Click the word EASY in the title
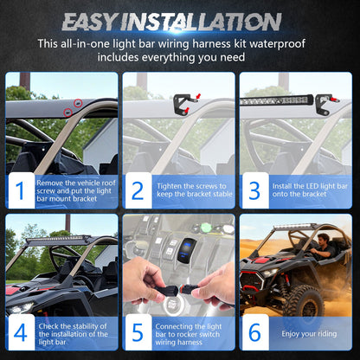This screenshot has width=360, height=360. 89,22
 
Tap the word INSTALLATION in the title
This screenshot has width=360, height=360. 201,22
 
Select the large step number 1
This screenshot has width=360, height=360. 20,190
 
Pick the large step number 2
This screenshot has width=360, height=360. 138,190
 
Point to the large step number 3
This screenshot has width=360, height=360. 254,190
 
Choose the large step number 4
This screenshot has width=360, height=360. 20,332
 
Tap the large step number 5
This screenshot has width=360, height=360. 138,332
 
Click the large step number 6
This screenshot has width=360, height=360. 254,332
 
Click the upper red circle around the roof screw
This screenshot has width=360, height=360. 78,103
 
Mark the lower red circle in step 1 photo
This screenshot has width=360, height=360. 67,112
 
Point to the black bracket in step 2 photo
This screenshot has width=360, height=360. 182,104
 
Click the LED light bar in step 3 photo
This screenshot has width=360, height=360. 276,100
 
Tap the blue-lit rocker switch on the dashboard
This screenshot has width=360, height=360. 187,250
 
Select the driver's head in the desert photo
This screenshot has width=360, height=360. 324,240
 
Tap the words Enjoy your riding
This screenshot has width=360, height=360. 309,334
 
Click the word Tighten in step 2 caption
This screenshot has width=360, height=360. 170,186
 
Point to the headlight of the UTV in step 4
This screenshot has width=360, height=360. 20,307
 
